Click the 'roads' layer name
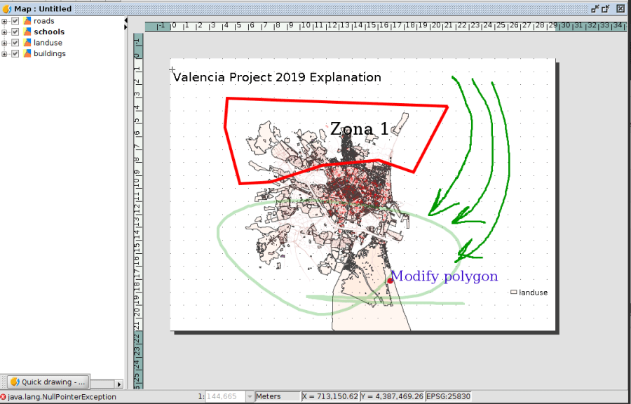(x=44, y=21)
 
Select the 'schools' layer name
(x=49, y=32)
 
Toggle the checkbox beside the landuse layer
(x=15, y=43)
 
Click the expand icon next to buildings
(x=4, y=53)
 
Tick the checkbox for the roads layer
(x=15, y=21)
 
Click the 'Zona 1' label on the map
(x=360, y=129)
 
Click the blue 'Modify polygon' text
(x=445, y=276)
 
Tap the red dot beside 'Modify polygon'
(x=390, y=281)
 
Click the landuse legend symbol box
(x=513, y=292)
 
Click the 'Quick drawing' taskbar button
(x=48, y=382)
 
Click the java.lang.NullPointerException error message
(x=62, y=397)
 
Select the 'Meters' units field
(x=278, y=397)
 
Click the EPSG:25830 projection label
(x=448, y=397)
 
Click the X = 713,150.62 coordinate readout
(x=330, y=397)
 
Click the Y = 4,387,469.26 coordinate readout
(x=392, y=397)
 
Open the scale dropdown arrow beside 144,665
(x=250, y=397)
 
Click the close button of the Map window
(x=620, y=8)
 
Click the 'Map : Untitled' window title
(x=43, y=9)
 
